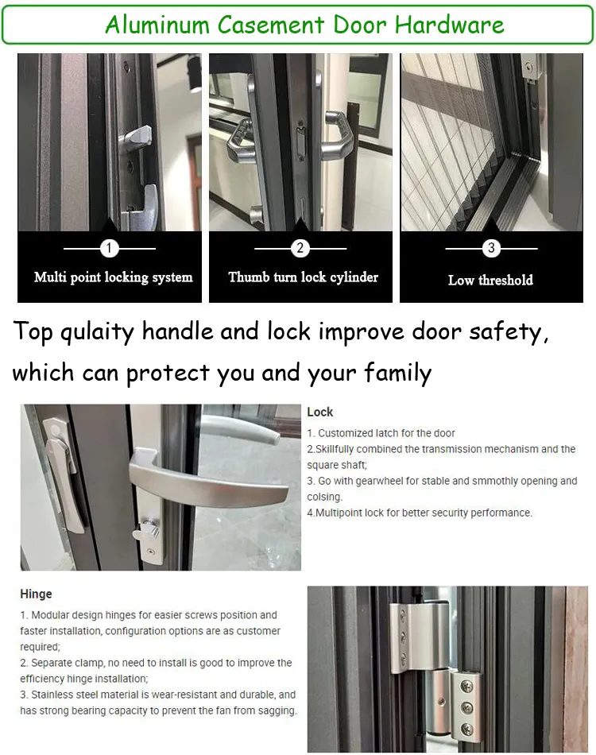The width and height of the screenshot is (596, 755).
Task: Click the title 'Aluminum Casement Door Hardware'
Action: pos(304,25)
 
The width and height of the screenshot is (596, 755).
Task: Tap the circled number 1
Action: pos(110,249)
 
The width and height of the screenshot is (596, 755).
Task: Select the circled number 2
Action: pos(300,249)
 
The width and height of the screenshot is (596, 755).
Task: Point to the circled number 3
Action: pos(491,249)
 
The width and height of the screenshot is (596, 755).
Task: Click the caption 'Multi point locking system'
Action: pos(114,277)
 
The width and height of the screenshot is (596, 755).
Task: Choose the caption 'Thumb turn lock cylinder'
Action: pos(303,277)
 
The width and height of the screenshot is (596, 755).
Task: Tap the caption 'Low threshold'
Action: pos(490,280)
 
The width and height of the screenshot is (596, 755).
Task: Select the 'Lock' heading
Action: pos(320,412)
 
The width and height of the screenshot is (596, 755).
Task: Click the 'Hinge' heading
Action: pos(36,594)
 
